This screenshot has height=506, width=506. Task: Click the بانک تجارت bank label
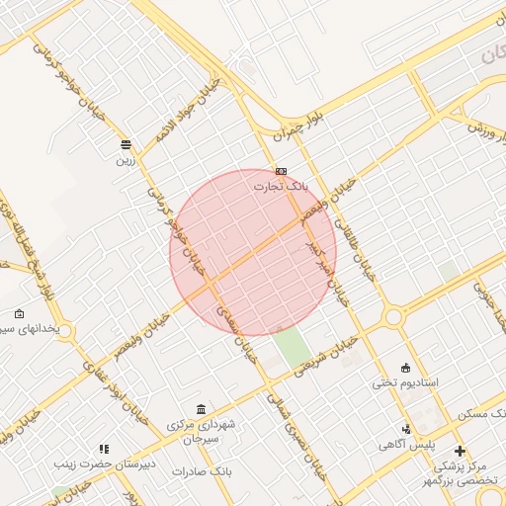tap(281, 186)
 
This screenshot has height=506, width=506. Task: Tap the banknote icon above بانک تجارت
tap(282, 171)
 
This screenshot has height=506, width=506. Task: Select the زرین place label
tap(125, 159)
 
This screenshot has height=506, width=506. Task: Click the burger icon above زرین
tap(126, 144)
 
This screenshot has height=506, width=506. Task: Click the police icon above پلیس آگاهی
tap(406, 429)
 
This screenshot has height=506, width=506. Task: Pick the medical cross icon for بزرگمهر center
tap(460, 451)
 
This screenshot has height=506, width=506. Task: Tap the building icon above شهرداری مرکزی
tap(202, 410)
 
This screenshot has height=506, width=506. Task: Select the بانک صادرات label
tap(201, 471)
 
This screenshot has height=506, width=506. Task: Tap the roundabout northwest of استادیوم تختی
tap(393, 317)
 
